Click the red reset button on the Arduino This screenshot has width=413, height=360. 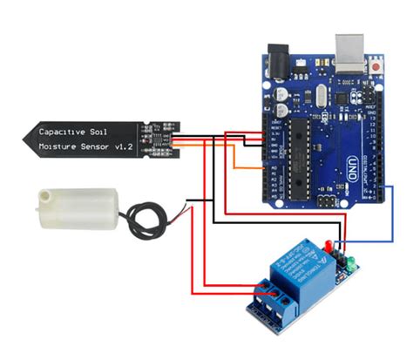tap(376, 66)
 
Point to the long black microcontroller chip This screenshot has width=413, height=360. tap(297, 153)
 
